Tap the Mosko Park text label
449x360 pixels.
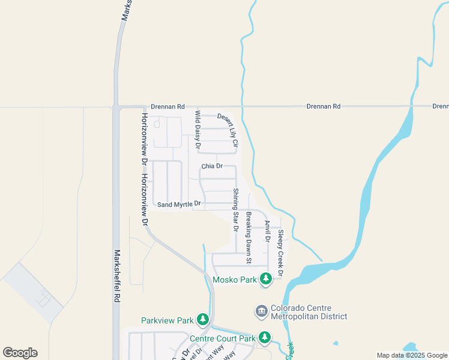236,279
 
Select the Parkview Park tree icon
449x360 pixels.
203,320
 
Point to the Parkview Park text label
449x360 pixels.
167,320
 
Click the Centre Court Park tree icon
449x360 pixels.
265,338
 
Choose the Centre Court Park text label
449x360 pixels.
223,338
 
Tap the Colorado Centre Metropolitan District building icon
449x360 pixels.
261,311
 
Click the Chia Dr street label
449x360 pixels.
212,166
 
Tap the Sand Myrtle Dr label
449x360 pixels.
179,205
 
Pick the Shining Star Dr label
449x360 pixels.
236,210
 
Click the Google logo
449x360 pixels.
20,353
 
